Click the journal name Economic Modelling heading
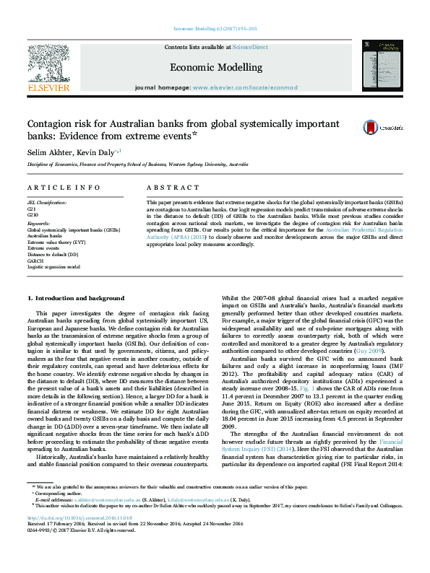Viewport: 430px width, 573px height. click(x=215, y=67)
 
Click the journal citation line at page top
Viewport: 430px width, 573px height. click(x=215, y=29)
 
